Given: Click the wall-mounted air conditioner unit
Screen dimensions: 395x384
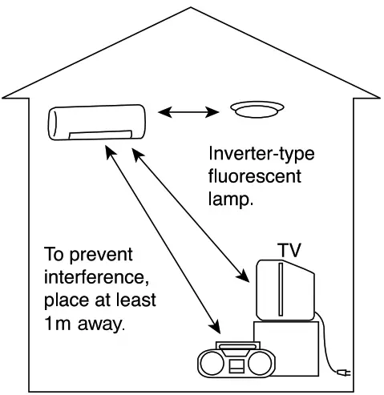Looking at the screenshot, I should pyautogui.click(x=97, y=123).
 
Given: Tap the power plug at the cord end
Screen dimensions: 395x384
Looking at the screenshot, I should pyautogui.click(x=342, y=372).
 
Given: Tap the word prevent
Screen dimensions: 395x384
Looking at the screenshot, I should pyautogui.click(x=99, y=256).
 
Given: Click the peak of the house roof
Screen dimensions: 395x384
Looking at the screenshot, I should pyautogui.click(x=191, y=9).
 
